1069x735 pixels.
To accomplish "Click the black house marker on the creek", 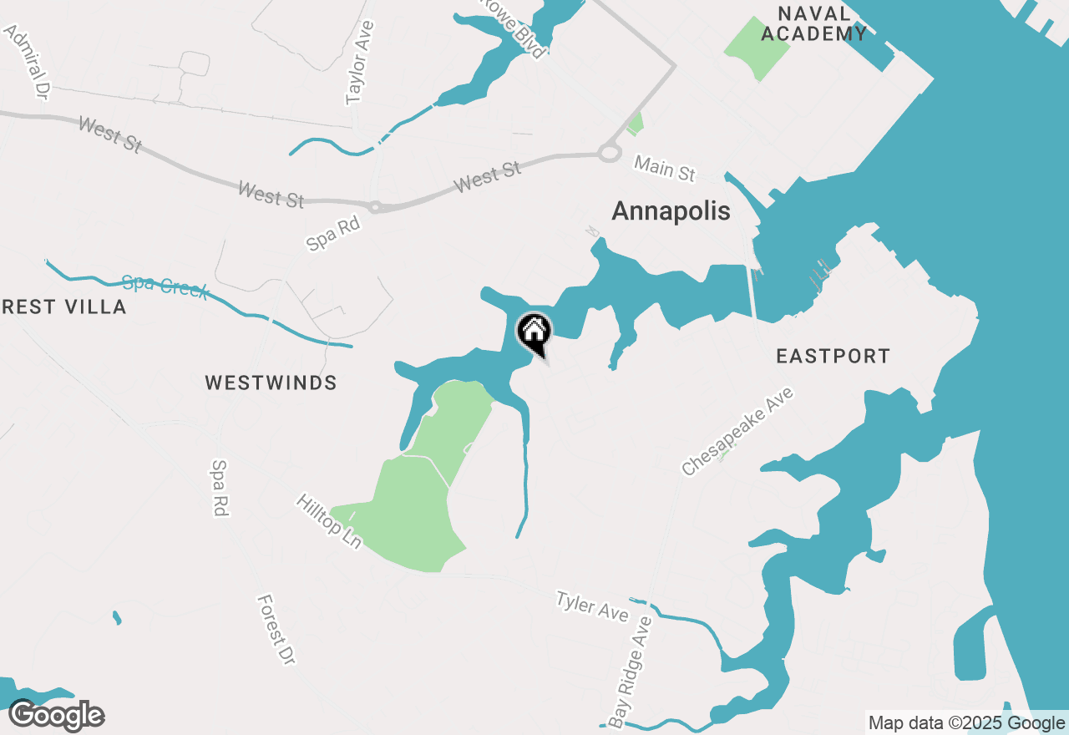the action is tap(534, 333).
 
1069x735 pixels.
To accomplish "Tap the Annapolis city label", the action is tap(671, 211).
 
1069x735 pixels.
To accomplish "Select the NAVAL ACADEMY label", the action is tap(813, 23).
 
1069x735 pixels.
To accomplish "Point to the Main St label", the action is tap(664, 168).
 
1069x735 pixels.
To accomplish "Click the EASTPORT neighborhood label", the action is tap(833, 357).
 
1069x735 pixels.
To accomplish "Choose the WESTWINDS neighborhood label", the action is tap(271, 383).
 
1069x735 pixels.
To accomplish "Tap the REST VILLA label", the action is tap(63, 307).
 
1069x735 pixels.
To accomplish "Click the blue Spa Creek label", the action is tap(165, 286).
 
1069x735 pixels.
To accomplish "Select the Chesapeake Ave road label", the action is tap(737, 432).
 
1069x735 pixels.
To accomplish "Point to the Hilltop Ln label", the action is tap(329, 521).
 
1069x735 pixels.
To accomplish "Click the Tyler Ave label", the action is tap(592, 606).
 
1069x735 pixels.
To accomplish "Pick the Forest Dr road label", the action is tap(276, 629).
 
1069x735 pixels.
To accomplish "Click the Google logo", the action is tap(57, 716).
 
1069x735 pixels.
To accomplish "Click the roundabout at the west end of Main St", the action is tap(608, 154).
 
